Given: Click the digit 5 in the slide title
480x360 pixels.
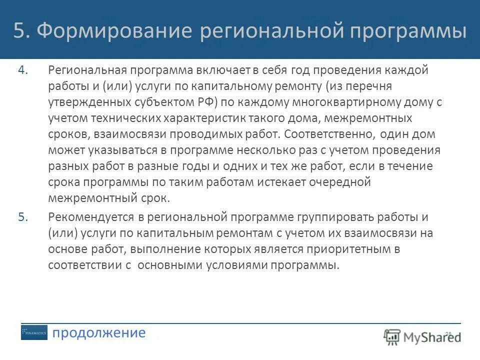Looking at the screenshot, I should pos(19,31).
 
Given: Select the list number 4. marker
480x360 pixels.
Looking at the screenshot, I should pos(24,70).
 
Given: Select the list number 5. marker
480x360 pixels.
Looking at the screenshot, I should pos(24,217).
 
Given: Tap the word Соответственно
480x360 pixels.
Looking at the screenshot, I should pos(330,134).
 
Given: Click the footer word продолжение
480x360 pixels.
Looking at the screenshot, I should pos(99,333).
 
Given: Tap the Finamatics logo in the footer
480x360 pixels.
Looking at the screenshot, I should pos(34,333).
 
